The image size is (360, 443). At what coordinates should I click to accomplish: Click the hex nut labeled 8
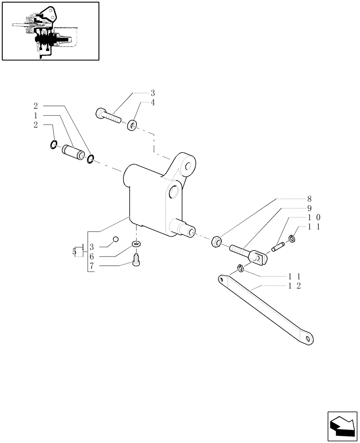(217, 241)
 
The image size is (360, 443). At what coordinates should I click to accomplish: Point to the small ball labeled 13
(115, 239)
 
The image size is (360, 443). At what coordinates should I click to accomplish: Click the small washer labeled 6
(137, 245)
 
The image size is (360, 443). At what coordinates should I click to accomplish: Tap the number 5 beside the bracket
(74, 252)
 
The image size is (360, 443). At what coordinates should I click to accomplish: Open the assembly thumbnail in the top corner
(50, 31)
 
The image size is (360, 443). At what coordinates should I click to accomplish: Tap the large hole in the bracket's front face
(174, 192)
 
